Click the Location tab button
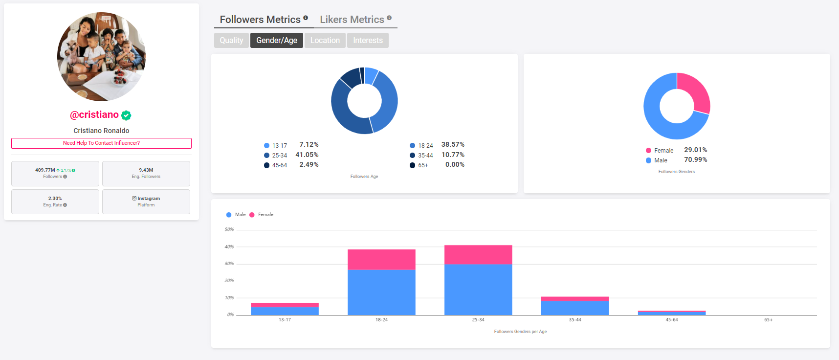tap(325, 41)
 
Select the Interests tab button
tap(368, 41)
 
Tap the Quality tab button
tap(231, 41)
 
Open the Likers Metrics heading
tap(352, 20)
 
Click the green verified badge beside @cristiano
tap(126, 115)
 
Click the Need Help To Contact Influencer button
tap(101, 143)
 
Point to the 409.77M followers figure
tap(45, 170)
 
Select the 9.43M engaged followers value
tap(146, 170)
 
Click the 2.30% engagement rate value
tap(55, 199)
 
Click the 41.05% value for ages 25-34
tap(307, 155)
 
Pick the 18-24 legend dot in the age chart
tap(412, 146)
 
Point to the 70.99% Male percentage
tap(695, 160)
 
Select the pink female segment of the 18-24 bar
tap(381, 259)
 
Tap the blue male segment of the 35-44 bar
tap(575, 308)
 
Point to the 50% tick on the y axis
tap(229, 229)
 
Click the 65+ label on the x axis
tap(768, 320)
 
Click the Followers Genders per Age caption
tap(520, 332)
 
